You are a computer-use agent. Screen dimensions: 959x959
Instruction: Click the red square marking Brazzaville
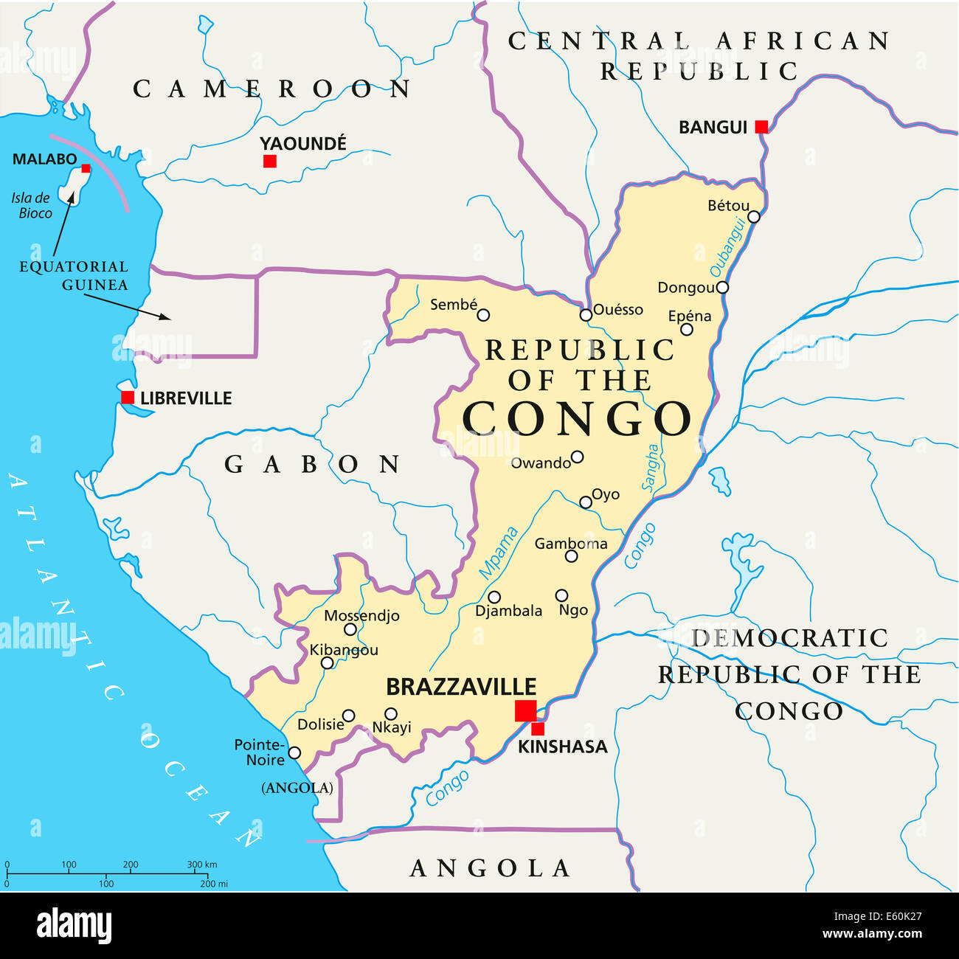click(525, 711)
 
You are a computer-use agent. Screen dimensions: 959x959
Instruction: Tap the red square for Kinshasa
click(538, 729)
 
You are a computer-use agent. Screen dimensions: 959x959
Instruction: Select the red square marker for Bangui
click(761, 127)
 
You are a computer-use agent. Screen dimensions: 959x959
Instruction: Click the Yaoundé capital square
click(270, 161)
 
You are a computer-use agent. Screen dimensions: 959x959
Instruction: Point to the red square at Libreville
click(128, 398)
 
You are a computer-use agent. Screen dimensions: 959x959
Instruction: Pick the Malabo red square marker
click(86, 168)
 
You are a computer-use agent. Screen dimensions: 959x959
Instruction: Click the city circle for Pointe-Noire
click(294, 752)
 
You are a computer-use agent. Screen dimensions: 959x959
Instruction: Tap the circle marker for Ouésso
click(586, 315)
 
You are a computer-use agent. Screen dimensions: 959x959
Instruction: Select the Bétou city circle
click(753, 217)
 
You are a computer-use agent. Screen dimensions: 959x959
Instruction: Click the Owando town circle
click(578, 457)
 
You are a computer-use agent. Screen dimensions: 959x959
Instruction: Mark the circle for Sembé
click(483, 315)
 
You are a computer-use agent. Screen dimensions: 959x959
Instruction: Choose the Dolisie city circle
click(349, 716)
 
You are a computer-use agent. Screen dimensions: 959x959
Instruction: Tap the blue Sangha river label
click(650, 467)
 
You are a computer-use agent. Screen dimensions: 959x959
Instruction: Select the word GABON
click(312, 464)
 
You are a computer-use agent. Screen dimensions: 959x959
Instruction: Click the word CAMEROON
click(271, 89)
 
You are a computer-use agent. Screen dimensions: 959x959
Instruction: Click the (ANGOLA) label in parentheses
click(297, 788)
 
